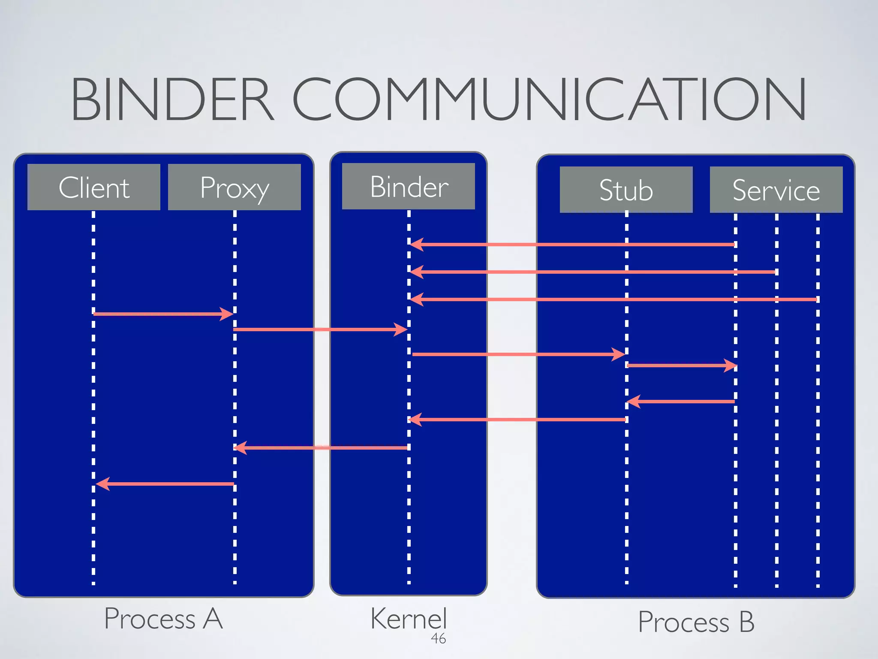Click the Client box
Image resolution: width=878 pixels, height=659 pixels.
pos(94,187)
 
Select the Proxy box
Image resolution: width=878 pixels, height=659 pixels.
pos(235,187)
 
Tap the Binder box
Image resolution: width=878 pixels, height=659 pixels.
pos(409,186)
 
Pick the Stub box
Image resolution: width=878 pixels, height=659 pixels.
pos(626,190)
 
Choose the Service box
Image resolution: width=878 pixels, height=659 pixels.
pos(776,190)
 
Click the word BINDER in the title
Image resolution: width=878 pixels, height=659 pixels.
pos(171,99)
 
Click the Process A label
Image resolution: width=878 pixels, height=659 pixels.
pos(163,619)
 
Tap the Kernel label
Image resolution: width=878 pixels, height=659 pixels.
pos(409,619)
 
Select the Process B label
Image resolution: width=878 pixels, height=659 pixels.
pos(696,622)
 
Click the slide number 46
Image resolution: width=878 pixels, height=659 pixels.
pos(438,638)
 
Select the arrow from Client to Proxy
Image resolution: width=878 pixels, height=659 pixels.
pos(163,314)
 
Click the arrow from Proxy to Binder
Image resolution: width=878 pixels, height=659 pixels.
pos(320,329)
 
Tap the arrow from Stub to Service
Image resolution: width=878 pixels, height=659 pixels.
pos(682,366)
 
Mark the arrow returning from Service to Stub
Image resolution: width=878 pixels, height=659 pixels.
pos(682,402)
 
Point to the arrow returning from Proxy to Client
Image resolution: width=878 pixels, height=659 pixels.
pos(165,484)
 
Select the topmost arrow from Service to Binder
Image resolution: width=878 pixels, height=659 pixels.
pos(572,245)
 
